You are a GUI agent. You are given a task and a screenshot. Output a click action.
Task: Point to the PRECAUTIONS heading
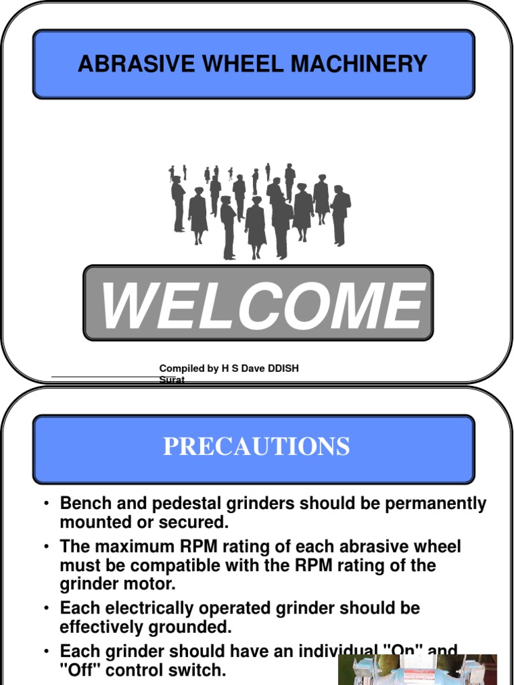256,446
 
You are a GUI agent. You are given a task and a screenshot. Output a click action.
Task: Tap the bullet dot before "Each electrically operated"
47,609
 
